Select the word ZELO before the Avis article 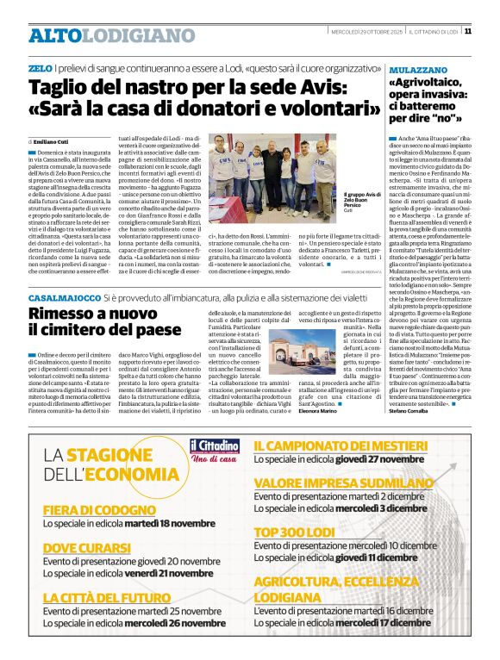pos(39,67)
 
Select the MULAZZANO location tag pos(417,67)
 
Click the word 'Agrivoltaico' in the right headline pos(428,83)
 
